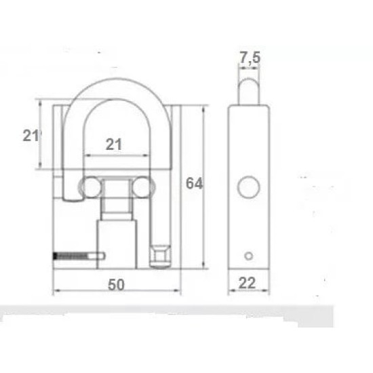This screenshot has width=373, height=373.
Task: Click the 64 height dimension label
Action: [x=194, y=183]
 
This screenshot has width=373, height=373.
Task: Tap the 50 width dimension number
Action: [x=116, y=285]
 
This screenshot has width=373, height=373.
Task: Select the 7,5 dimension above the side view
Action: [x=250, y=58]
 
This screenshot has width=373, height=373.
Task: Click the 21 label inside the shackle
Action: [x=115, y=144]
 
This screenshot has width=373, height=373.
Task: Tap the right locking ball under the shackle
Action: [x=142, y=186]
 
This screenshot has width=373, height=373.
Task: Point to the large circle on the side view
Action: [x=249, y=186]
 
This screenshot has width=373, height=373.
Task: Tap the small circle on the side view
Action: [x=249, y=255]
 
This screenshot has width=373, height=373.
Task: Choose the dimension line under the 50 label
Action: [x=116, y=294]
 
